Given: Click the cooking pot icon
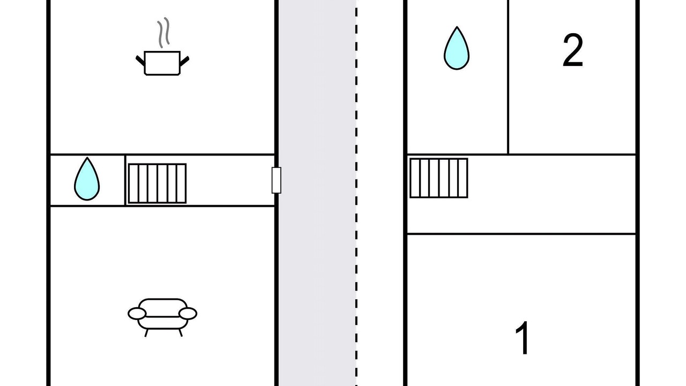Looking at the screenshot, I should coord(162,63).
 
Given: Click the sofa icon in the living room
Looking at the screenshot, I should coord(162,314).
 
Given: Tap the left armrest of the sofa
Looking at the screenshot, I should coord(137,314).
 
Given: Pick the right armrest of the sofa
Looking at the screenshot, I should coord(188,313).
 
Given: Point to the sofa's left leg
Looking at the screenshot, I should coord(146,332).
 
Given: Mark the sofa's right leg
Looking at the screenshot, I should coord(180,332).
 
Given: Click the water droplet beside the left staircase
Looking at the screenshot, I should coord(87,179).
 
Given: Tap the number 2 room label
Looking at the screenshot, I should coord(572,51).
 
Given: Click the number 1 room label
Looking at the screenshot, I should coord(523,338).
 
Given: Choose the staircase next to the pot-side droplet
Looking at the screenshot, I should coord(157,183).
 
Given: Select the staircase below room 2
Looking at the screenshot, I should coord(439,178).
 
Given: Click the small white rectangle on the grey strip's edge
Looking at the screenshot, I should coord(277,180).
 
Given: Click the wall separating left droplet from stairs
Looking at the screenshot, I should coord(125,180).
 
